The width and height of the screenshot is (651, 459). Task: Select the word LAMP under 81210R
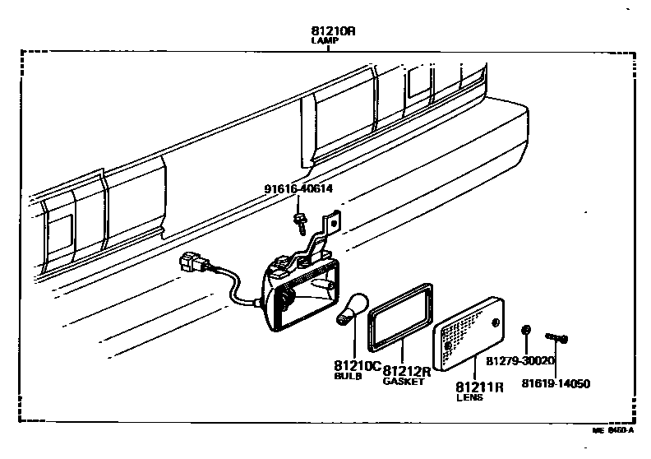tap(327, 39)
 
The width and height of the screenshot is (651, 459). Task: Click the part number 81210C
tap(358, 366)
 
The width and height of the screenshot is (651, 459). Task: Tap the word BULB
tap(348, 376)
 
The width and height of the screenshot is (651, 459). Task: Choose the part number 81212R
tap(409, 372)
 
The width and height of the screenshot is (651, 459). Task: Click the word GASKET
tap(404, 382)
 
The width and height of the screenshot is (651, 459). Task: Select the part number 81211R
tap(479, 387)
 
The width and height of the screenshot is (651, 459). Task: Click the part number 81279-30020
tap(520, 360)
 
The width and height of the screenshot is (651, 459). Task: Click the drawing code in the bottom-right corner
tap(613, 429)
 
